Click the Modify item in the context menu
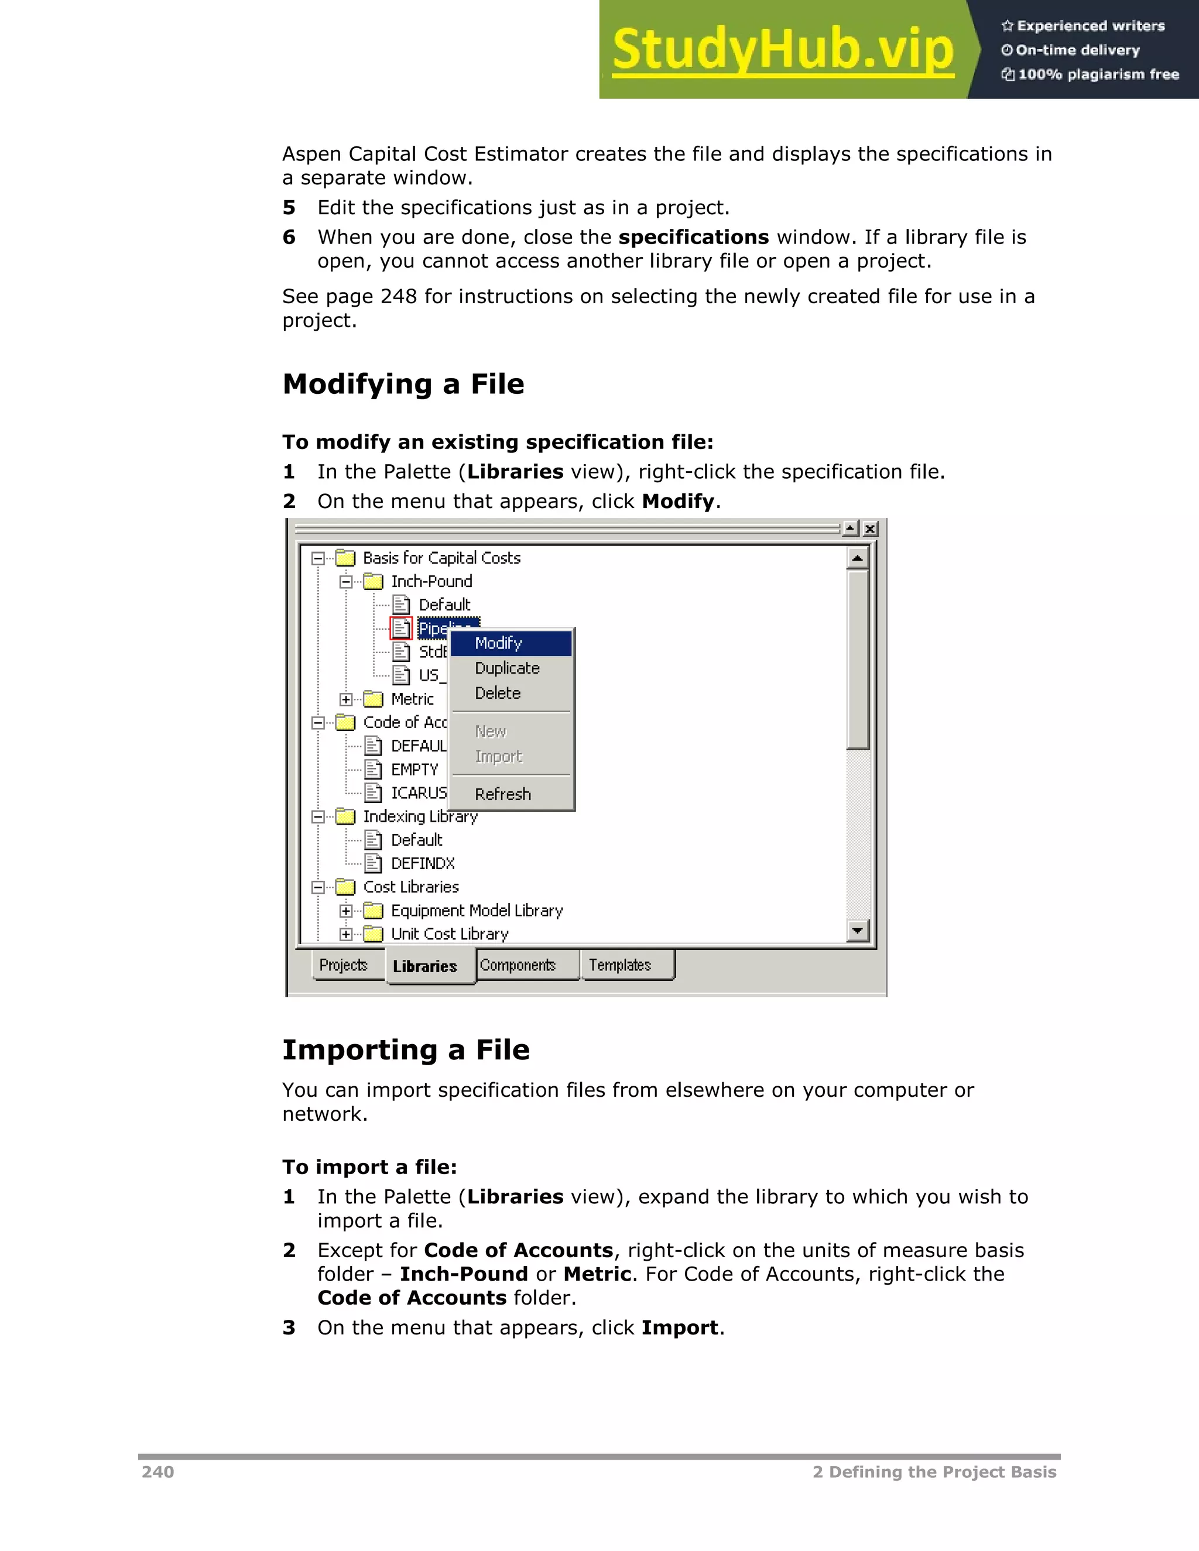coord(499,643)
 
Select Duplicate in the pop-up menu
coord(507,668)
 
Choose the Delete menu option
coord(498,693)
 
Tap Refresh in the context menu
coord(503,794)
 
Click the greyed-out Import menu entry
coord(499,756)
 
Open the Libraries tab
coord(425,966)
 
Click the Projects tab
coord(344,965)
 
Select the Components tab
coord(518,965)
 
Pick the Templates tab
coord(620,965)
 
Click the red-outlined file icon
coord(401,628)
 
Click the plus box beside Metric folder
coord(346,699)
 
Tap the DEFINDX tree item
coord(423,863)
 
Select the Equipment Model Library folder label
coord(477,911)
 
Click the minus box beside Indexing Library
coord(318,816)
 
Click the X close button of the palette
coord(870,529)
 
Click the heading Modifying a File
coord(403,384)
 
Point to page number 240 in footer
coord(157,1472)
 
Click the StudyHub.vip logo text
coord(783,50)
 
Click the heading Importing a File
coord(406,1049)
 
